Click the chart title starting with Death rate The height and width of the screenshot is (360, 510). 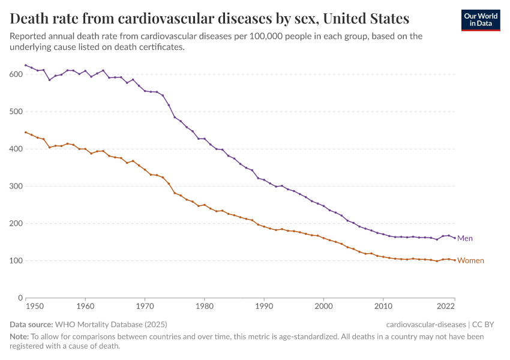(210, 18)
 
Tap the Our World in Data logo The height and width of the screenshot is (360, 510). (480, 20)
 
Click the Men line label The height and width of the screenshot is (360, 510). (465, 238)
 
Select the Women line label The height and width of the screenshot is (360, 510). (470, 260)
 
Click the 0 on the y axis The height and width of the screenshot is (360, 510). (20, 298)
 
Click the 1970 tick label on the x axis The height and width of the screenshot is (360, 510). (145, 306)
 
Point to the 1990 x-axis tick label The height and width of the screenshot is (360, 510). (264, 306)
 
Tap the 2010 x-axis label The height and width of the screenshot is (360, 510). (383, 306)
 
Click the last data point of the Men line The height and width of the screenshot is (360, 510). (455, 237)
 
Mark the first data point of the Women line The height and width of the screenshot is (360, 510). (25, 132)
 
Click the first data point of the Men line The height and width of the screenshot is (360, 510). (25, 65)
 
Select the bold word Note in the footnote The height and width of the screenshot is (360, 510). (20, 337)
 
